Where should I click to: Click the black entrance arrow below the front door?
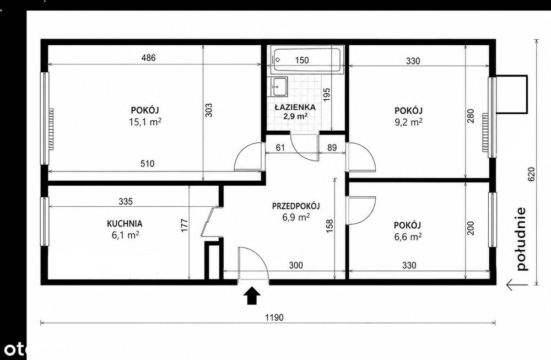pyautogui.click(x=252, y=295)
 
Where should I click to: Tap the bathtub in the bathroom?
pyautogui.click(x=307, y=60)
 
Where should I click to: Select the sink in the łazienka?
pyautogui.click(x=279, y=87)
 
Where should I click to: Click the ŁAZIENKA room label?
pyautogui.click(x=295, y=107)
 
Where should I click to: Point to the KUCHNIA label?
pyautogui.click(x=125, y=224)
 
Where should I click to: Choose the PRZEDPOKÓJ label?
pyautogui.click(x=296, y=206)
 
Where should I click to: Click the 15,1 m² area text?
pyautogui.click(x=145, y=122)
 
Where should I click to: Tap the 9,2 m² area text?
pyautogui.click(x=408, y=122)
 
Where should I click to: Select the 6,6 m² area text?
pyautogui.click(x=408, y=237)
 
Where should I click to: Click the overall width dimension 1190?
pyautogui.click(x=274, y=318)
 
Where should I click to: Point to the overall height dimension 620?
pyautogui.click(x=531, y=174)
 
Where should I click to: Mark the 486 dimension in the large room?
pyautogui.click(x=148, y=58)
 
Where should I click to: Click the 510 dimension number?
pyautogui.click(x=147, y=164)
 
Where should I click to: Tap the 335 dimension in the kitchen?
pyautogui.click(x=126, y=201)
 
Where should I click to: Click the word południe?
pyautogui.click(x=522, y=239)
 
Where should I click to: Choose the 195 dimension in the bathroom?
pyautogui.click(x=327, y=95)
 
